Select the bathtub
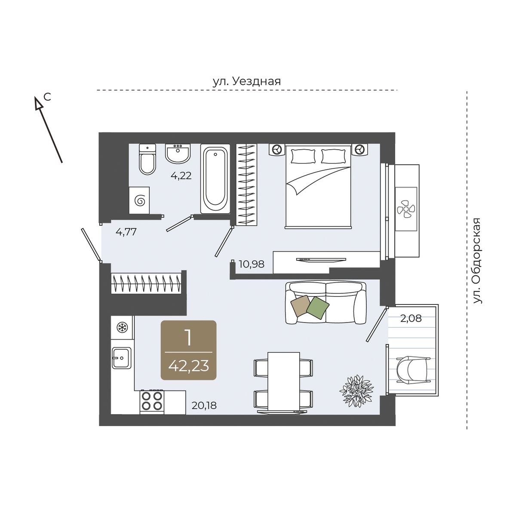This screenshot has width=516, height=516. click(215, 178)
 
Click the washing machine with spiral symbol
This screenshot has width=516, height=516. click(139, 200)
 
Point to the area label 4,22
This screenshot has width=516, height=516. click(181, 176)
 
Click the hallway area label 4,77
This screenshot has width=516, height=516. click(126, 232)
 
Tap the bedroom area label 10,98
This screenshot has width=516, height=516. click(252, 264)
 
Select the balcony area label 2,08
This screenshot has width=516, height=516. click(411, 318)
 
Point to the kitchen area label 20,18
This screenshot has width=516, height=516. click(204, 405)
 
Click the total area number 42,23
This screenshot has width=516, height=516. click(188, 366)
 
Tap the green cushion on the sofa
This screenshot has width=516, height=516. click(318, 308)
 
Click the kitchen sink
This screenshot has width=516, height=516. click(122, 358)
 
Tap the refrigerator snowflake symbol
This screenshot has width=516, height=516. click(123, 327)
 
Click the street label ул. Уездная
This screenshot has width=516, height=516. click(247, 81)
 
